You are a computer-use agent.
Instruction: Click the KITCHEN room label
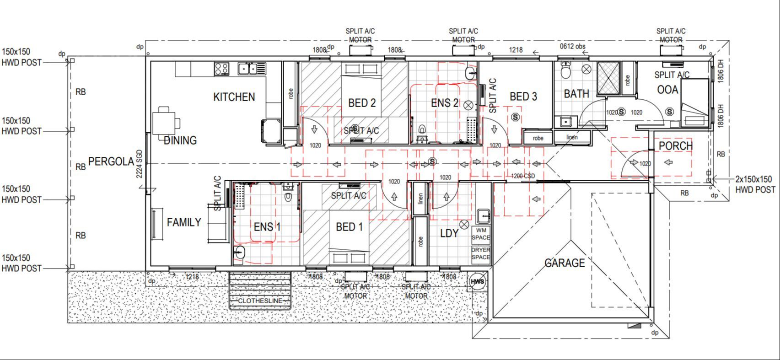coord(234,97)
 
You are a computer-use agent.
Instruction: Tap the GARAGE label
coord(565,263)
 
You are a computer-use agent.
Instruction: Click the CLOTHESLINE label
coord(260,301)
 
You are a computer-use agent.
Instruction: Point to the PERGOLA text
coord(111,161)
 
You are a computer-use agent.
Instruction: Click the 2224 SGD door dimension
coord(140,164)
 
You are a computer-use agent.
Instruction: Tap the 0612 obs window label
coord(572,46)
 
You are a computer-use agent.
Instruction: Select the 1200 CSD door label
coord(523,176)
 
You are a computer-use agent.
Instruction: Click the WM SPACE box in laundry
coord(481,234)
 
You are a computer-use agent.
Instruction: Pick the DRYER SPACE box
coord(481,254)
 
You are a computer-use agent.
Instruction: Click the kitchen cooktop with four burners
coord(221,69)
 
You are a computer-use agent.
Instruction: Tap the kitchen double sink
coord(251,69)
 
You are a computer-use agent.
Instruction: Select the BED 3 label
coord(523,97)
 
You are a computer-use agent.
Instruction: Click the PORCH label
coord(675,146)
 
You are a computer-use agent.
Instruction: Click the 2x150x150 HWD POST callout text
coord(755,184)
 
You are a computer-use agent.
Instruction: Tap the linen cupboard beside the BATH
coord(572,137)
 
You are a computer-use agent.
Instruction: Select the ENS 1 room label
coord(267,227)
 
